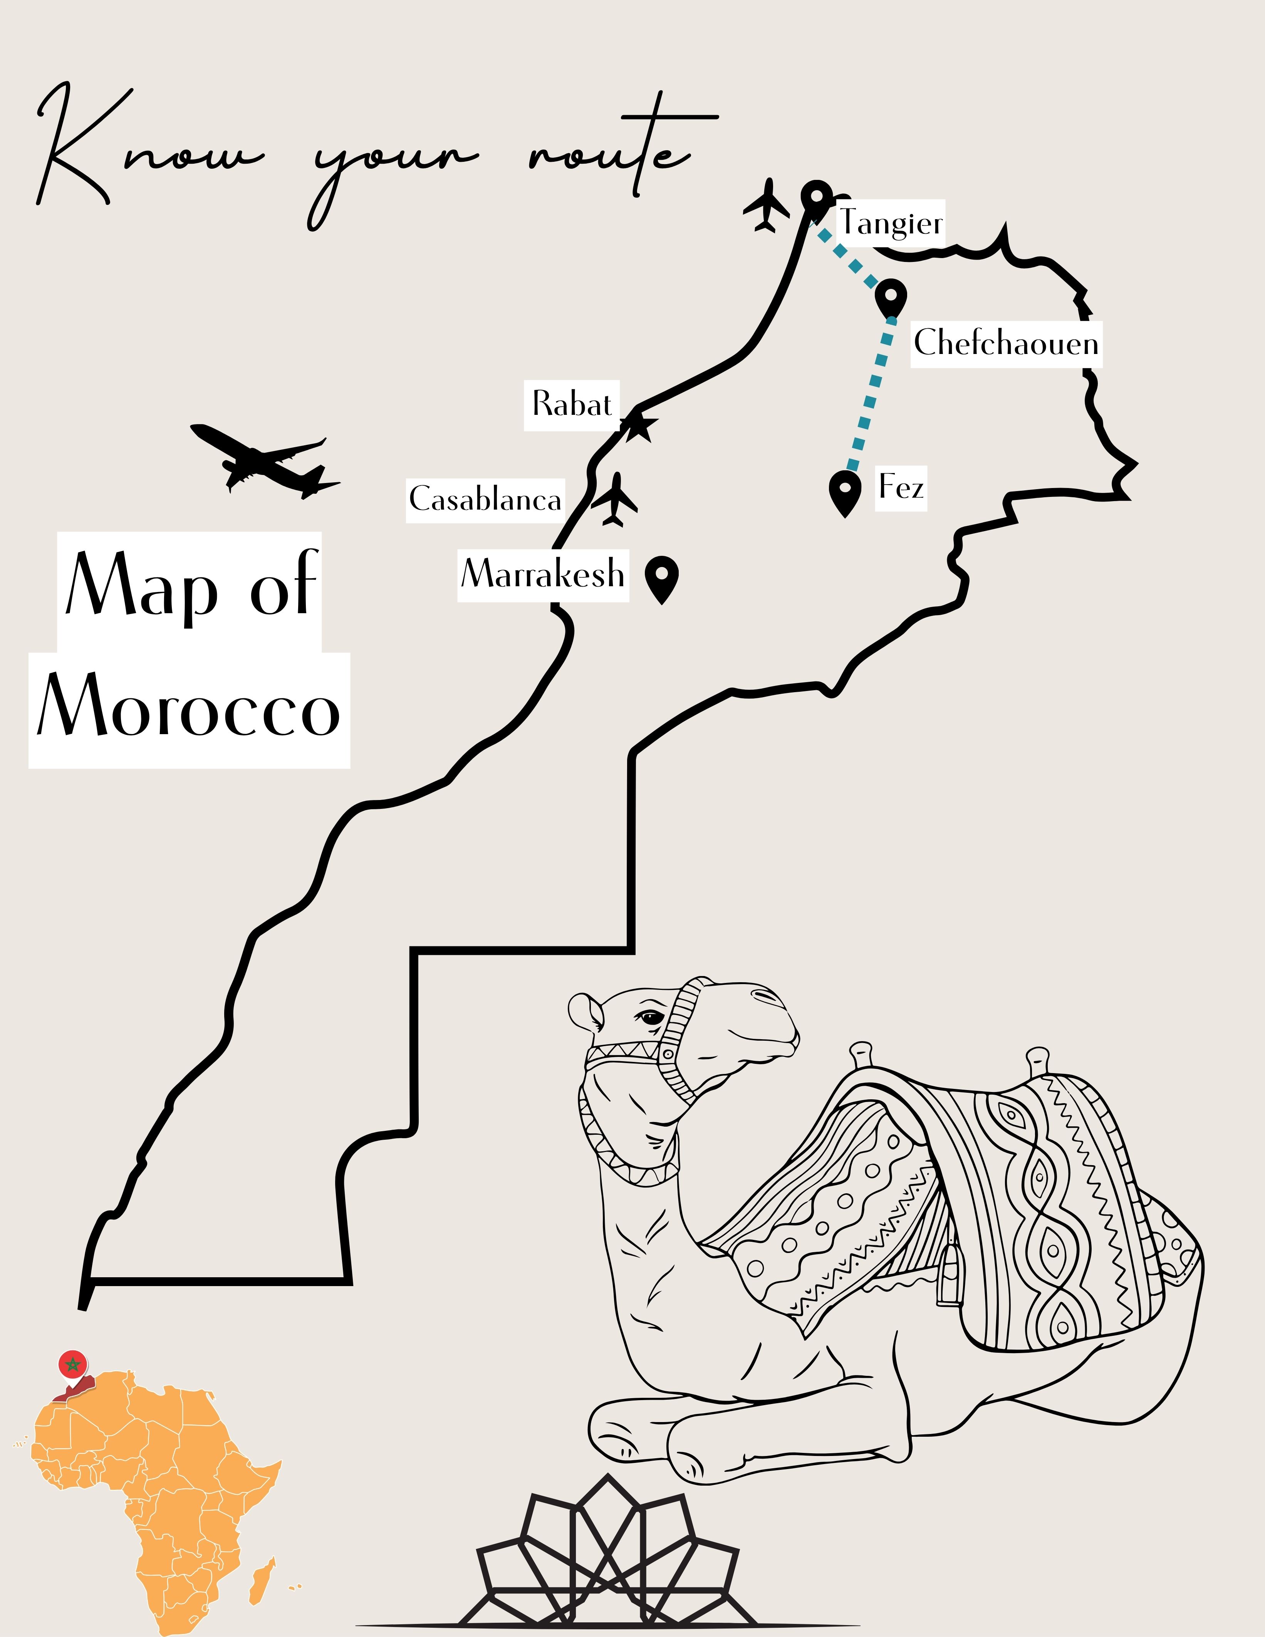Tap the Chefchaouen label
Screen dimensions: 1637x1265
tap(1006, 343)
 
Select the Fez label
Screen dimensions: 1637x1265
tap(901, 488)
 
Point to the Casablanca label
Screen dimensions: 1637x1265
tap(485, 499)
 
